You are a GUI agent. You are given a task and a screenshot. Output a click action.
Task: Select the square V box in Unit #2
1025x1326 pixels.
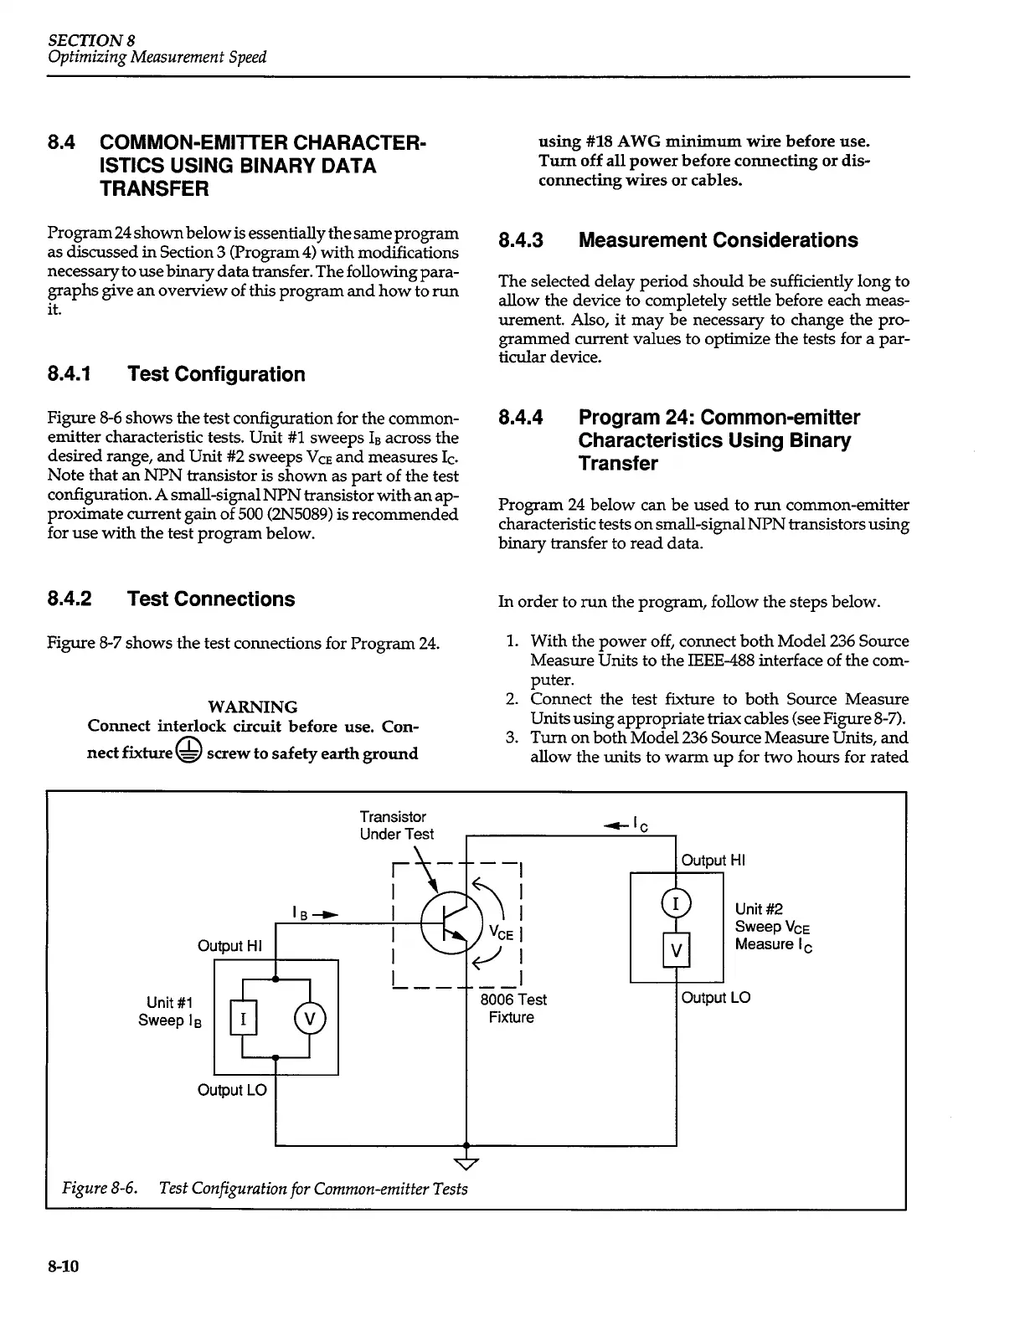click(676, 949)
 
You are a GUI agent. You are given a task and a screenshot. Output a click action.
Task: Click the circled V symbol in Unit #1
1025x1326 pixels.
click(310, 1019)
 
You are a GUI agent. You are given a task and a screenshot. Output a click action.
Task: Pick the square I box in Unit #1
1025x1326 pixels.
click(243, 1019)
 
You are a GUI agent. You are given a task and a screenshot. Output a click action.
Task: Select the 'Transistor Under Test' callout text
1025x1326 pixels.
click(396, 825)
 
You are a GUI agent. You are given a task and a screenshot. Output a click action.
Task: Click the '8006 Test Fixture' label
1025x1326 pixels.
click(512, 1008)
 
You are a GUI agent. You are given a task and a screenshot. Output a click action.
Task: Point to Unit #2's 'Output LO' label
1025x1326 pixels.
click(716, 998)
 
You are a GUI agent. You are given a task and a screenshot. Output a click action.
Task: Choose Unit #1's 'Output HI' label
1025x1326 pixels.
click(230, 946)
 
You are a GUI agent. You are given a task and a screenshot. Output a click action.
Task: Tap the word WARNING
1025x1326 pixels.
click(251, 707)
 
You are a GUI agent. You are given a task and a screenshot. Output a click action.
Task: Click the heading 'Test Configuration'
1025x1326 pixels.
click(216, 374)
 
